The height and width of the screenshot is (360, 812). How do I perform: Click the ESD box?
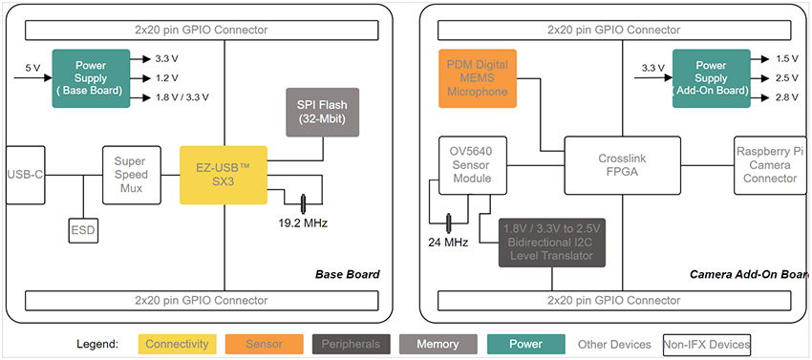pyautogui.click(x=83, y=230)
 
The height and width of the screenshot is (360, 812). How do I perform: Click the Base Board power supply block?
pyautogui.click(x=90, y=77)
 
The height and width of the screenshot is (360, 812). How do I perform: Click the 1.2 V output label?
pyautogui.click(x=168, y=77)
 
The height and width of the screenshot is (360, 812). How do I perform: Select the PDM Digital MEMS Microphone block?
pyautogui.click(x=478, y=77)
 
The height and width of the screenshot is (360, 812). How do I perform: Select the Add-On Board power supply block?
pyautogui.click(x=711, y=77)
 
